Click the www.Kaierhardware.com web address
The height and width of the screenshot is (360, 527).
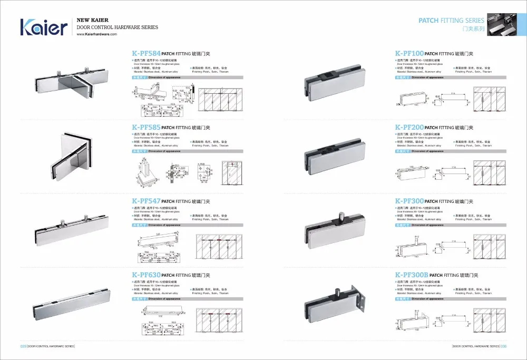click(x=97, y=34)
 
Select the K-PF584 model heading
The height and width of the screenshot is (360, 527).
click(x=146, y=54)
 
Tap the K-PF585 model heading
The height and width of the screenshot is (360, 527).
click(x=146, y=128)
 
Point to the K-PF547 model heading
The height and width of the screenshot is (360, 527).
click(x=146, y=201)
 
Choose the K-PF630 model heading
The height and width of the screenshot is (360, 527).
click(x=146, y=275)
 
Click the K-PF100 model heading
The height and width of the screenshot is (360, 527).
click(x=409, y=54)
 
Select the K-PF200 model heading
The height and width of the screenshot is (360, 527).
click(x=409, y=128)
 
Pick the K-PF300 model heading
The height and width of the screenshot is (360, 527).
click(x=409, y=201)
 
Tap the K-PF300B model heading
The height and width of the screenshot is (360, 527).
click(x=412, y=275)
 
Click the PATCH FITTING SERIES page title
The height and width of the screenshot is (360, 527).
click(x=451, y=21)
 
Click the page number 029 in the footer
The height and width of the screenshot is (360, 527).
click(x=23, y=346)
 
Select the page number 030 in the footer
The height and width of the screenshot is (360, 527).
click(x=504, y=346)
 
